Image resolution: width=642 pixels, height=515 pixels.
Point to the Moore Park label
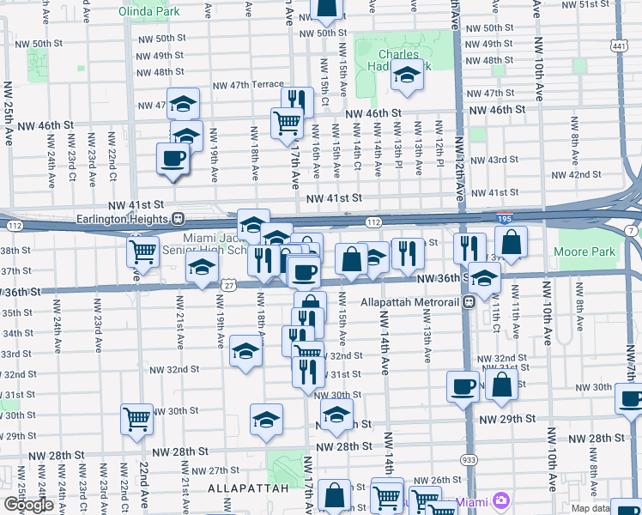click(x=592, y=252)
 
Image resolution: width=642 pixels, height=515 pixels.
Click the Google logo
click(x=28, y=505)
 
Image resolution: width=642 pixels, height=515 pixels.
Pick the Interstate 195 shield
click(x=507, y=221)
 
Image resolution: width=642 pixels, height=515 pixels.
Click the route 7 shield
click(x=632, y=232)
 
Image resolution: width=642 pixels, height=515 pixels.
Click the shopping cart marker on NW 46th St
click(x=287, y=122)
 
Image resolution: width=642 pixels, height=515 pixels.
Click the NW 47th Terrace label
click(x=248, y=85)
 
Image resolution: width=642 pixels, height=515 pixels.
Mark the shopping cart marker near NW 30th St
click(x=136, y=419)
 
